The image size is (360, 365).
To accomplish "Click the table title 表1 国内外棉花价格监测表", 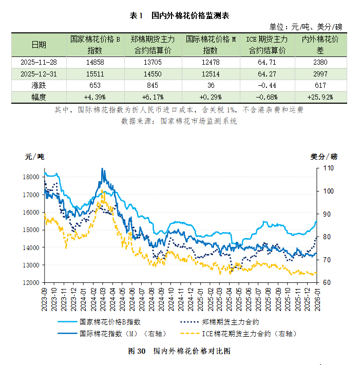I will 179,16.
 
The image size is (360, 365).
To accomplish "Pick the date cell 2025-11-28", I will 39,62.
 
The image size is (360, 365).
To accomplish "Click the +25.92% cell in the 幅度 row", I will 319,97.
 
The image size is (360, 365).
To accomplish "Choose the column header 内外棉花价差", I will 319,45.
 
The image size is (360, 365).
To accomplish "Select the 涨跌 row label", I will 39,85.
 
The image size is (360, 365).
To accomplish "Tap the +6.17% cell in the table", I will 153,97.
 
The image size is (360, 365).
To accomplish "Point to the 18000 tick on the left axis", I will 32,177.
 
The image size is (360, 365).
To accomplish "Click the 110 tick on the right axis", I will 328,168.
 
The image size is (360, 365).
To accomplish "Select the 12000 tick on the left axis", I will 32,283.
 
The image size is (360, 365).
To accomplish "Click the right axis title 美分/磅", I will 324,156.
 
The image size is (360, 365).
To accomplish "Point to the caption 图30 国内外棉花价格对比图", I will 179,352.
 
